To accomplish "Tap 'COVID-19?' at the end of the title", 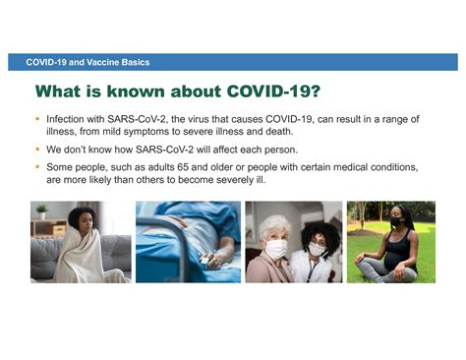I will (x=272, y=92).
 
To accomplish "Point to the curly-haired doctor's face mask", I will (x=315, y=236).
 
